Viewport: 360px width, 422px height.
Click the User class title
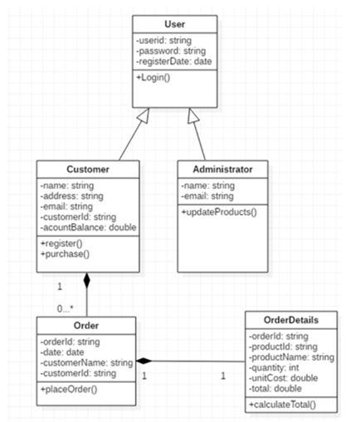coord(174,25)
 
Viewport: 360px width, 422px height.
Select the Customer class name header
coord(87,169)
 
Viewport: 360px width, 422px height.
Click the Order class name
coord(87,324)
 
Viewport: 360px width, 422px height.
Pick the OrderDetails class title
coord(290,319)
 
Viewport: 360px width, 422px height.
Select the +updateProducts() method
coord(216,212)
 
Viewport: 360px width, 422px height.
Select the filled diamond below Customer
coord(86,280)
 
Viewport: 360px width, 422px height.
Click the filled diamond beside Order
coord(146,361)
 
